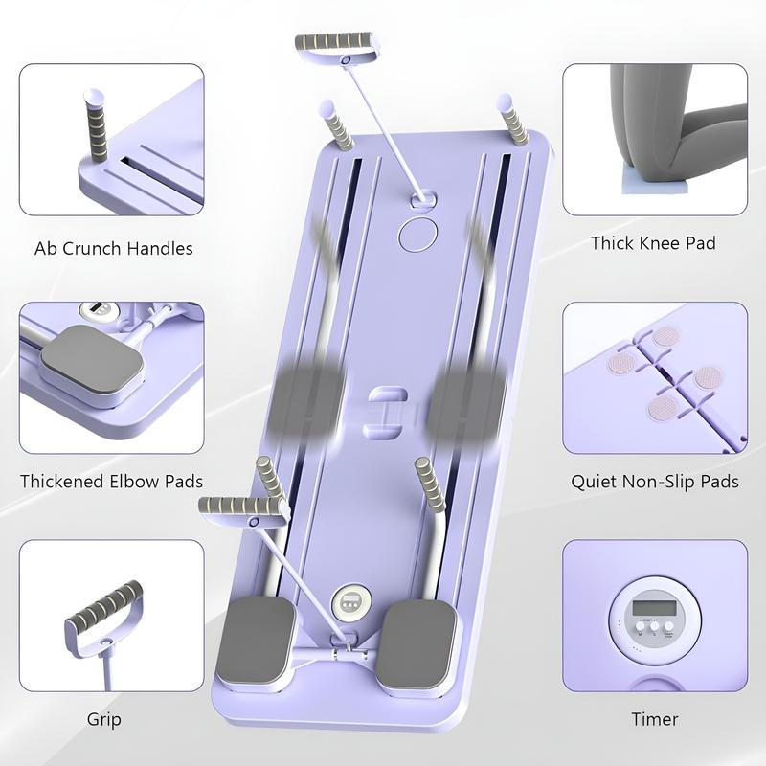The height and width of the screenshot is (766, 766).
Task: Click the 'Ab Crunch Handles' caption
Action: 113,249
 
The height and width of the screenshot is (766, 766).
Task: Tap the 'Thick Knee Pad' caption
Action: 654,243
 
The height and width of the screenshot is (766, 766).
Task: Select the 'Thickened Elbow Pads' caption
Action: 111,482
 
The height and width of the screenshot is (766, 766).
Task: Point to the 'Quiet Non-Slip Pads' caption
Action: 655,482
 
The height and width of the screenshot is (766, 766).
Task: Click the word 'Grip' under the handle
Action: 104,720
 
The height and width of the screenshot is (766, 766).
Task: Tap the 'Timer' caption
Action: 655,719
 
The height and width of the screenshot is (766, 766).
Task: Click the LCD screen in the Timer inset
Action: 655,608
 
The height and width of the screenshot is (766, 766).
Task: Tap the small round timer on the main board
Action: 351,602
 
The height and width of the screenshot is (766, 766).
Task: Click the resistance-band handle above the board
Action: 338,46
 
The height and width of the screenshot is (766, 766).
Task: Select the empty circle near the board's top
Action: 417,235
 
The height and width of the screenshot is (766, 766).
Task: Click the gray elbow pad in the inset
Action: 92,359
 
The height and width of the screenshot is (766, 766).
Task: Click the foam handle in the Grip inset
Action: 104,604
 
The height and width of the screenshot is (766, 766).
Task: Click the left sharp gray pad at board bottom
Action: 256,639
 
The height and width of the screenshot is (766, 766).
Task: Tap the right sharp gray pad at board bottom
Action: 417,642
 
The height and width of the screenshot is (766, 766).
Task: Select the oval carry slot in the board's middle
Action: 387,411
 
